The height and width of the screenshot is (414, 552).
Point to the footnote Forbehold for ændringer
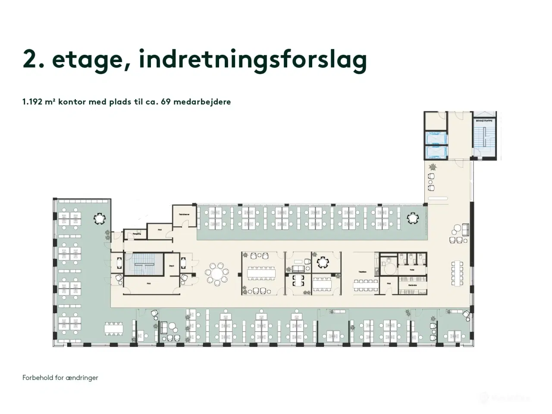[x=60, y=378]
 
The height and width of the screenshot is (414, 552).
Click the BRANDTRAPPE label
[x=484, y=121]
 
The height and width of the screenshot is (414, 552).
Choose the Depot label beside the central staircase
[x=172, y=266]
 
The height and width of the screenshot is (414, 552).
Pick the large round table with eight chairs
[x=218, y=273]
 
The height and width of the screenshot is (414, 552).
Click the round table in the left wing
[x=100, y=219]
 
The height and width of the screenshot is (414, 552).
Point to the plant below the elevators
[x=433, y=166]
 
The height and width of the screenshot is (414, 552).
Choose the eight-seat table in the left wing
[x=114, y=329]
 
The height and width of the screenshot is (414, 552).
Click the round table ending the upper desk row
[x=413, y=218]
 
